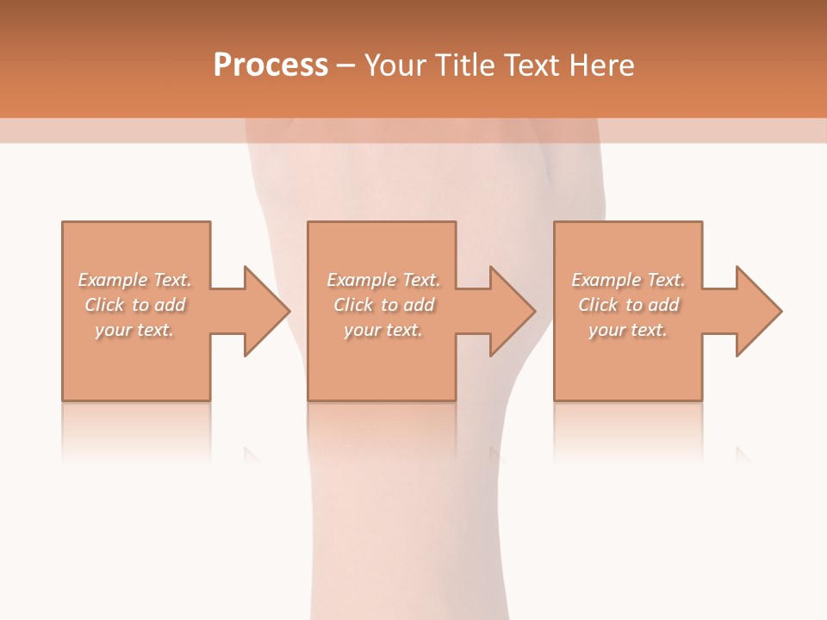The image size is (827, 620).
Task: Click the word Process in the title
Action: [270, 65]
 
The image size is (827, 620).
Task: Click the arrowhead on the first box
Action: [265, 311]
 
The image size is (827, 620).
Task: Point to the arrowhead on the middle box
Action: [512, 311]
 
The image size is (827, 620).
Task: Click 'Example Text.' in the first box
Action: [134, 280]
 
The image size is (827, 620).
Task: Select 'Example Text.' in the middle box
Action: [383, 280]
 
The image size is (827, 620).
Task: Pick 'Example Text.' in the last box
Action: [628, 280]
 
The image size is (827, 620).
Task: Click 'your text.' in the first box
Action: [134, 330]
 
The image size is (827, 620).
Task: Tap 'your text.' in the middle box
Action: [383, 330]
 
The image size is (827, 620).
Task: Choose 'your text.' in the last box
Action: [628, 330]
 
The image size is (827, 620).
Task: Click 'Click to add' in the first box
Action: [134, 305]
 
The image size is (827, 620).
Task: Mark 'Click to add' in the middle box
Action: [383, 305]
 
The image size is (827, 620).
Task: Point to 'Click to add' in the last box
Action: [628, 305]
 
